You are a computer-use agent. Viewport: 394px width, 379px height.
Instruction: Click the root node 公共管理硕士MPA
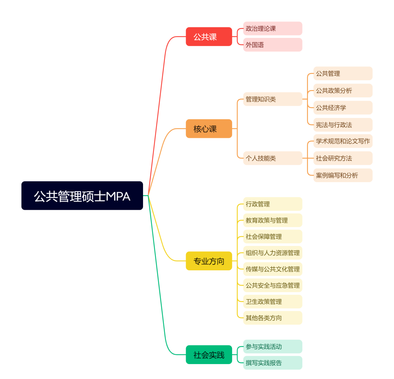tap(82, 196)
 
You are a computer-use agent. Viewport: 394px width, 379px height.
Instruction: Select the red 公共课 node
tap(209, 36)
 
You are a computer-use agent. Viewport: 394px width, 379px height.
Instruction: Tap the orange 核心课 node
tap(209, 129)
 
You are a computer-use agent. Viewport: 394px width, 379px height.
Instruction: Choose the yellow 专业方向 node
tap(209, 261)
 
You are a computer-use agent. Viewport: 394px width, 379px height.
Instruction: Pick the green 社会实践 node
tap(209, 355)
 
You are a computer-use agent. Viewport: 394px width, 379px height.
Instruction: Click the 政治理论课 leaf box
tap(273, 28)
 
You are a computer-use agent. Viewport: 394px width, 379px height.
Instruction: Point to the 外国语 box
tap(273, 45)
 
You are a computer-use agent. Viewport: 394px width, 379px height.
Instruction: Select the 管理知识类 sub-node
tap(273, 99)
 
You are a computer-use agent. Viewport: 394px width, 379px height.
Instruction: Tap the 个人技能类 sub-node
tap(273, 158)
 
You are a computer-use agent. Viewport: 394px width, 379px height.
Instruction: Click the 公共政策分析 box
tap(343, 90)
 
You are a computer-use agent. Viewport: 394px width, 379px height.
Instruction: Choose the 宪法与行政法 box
tap(343, 125)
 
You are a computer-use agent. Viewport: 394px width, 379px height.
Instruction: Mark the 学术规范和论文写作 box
tap(343, 141)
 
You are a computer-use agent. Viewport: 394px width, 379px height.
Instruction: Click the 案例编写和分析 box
tap(343, 175)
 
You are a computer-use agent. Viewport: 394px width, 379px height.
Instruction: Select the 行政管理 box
tap(273, 204)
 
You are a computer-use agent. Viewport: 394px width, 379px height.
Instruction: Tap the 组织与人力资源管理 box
tap(273, 253)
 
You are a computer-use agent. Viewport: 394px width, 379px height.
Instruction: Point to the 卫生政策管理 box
tap(273, 302)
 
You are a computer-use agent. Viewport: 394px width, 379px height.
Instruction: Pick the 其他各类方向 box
tap(273, 318)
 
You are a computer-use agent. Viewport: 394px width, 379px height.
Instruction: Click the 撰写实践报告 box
tap(273, 363)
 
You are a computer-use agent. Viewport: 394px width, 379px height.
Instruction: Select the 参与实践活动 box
tap(273, 347)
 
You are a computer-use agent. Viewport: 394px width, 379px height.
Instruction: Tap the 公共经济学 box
tap(343, 108)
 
